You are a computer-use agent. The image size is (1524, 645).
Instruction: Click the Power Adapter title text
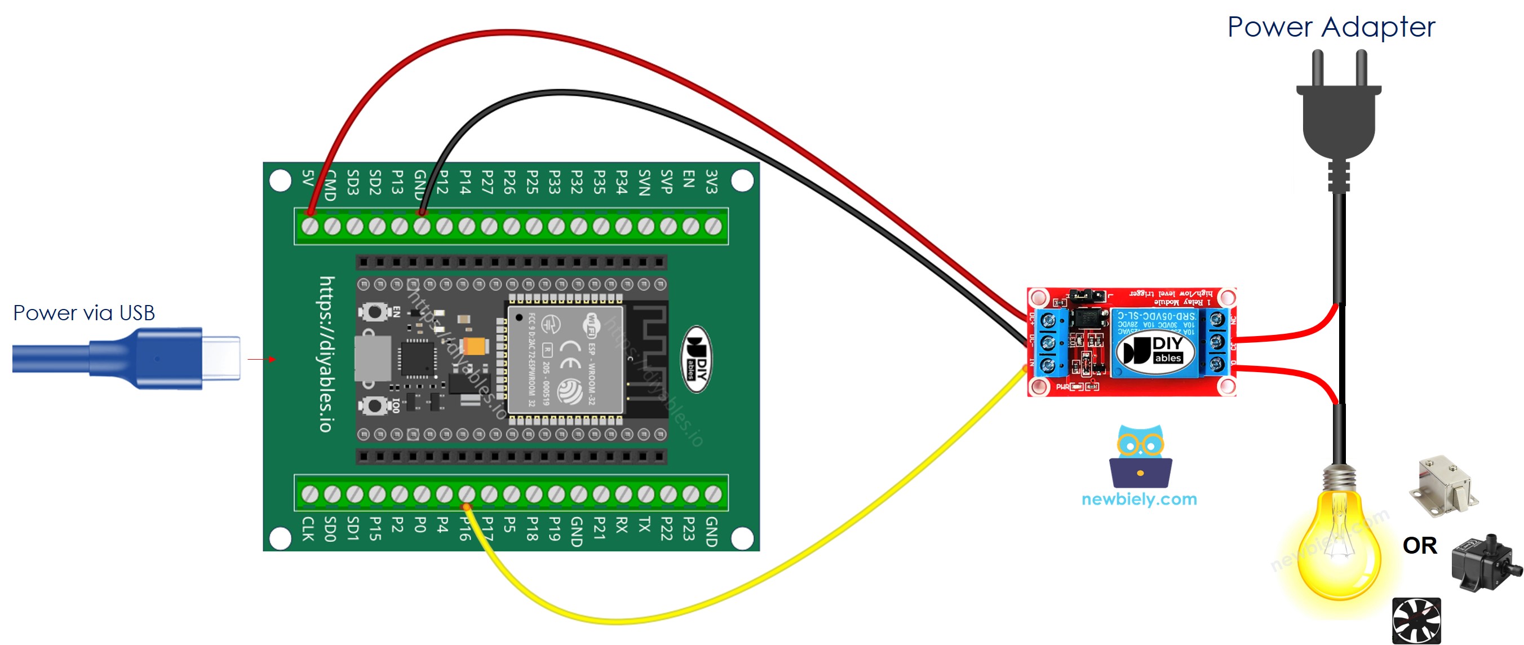tap(1331, 27)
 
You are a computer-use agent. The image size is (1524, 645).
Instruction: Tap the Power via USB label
tap(84, 312)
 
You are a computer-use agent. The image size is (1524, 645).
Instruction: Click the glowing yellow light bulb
tap(1338, 545)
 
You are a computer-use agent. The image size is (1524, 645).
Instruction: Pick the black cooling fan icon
tap(1416, 621)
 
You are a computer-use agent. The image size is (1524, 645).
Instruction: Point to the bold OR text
tap(1419, 546)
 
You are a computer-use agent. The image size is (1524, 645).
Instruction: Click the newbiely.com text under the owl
tap(1139, 499)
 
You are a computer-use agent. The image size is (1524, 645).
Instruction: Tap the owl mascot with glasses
tap(1140, 456)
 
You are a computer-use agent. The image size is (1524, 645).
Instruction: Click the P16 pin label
tap(466, 528)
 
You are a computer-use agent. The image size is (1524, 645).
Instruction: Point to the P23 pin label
tap(689, 528)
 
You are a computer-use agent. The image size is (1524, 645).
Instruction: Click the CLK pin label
tap(308, 528)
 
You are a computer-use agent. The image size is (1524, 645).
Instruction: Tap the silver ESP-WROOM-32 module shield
tap(565, 359)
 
